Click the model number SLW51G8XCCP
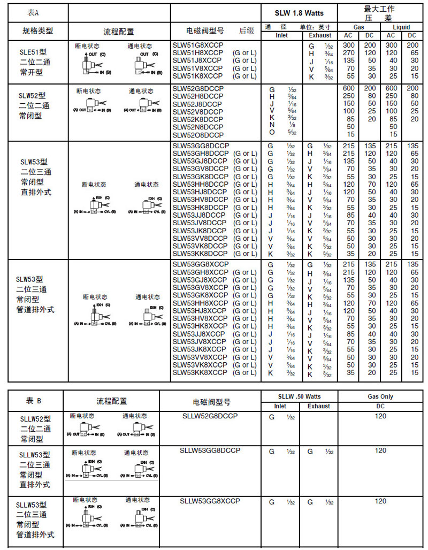pyautogui.click(x=197, y=45)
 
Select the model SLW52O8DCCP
pyautogui.click(x=198, y=135)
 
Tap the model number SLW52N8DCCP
pyautogui.click(x=198, y=127)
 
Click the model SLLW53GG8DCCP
pyautogui.click(x=210, y=450)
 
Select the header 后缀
pyautogui.click(x=247, y=30)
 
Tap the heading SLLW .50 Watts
pyautogui.click(x=299, y=396)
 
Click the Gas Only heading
pyautogui.click(x=380, y=396)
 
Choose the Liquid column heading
pyautogui.click(x=401, y=27)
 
